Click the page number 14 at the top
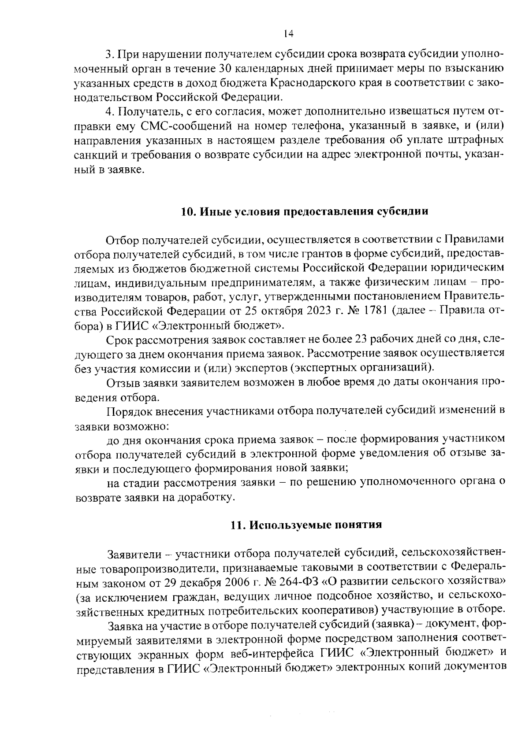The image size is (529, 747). (289, 34)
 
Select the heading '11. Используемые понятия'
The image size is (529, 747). (306, 525)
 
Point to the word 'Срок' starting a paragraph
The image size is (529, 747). (119, 340)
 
